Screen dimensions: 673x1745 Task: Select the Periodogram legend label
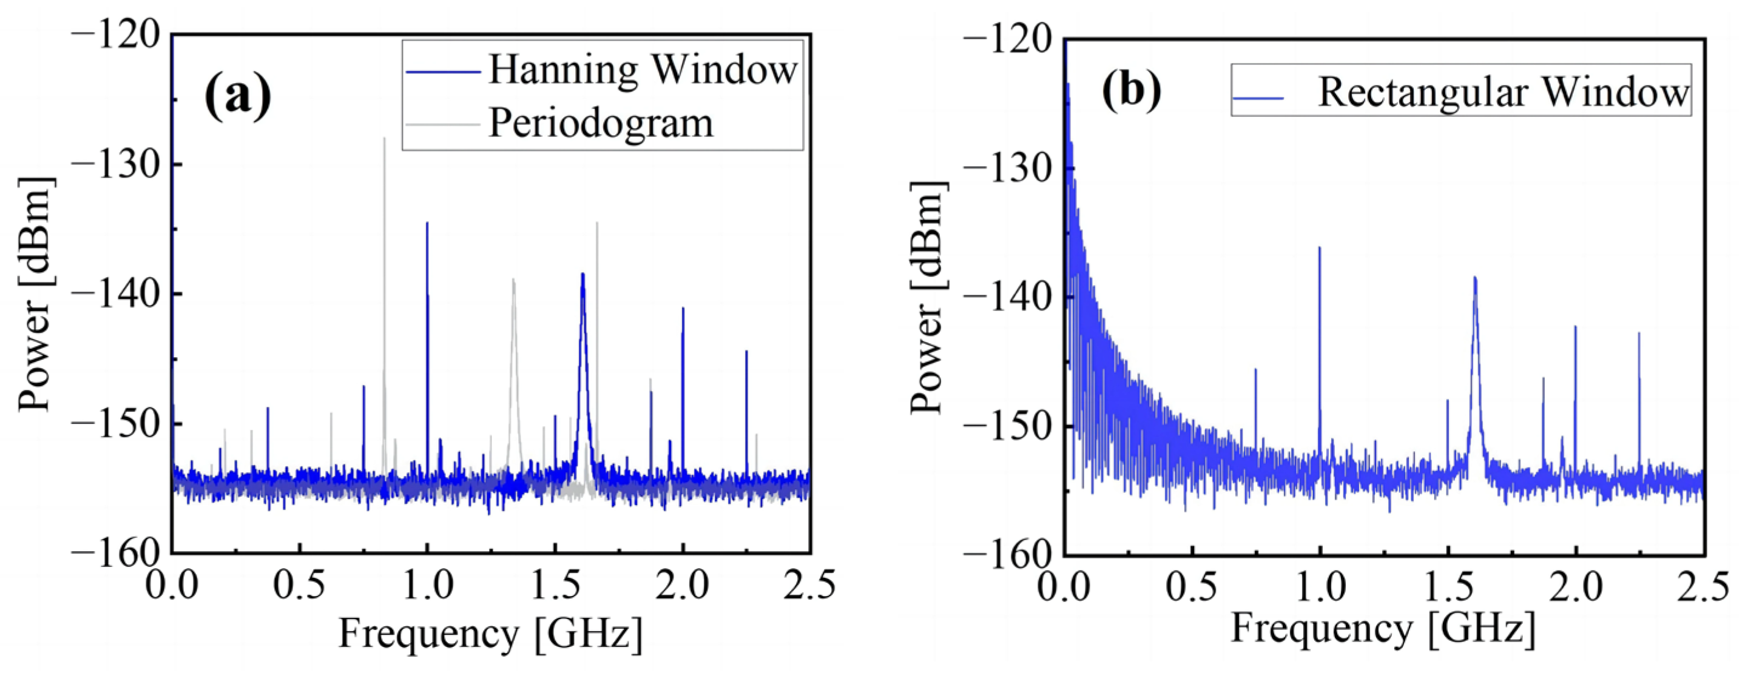601,124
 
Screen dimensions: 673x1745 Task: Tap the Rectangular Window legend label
1502,92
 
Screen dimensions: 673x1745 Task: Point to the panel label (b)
1131,90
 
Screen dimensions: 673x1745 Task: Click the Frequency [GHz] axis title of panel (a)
490,634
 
